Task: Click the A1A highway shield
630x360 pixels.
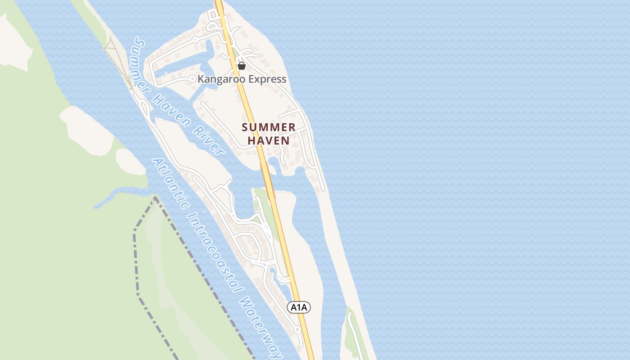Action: tap(299, 307)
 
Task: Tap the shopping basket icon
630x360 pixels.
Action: tap(242, 66)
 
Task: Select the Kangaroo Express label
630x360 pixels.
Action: tap(242, 79)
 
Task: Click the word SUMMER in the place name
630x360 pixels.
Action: tap(269, 127)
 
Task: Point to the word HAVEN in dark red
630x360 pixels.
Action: tap(269, 140)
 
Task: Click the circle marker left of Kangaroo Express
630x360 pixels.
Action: tap(193, 79)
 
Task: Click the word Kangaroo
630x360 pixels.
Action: tap(218, 79)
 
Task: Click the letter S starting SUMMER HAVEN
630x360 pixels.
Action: tap(245, 127)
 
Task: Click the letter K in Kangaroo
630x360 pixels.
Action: tap(201, 79)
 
